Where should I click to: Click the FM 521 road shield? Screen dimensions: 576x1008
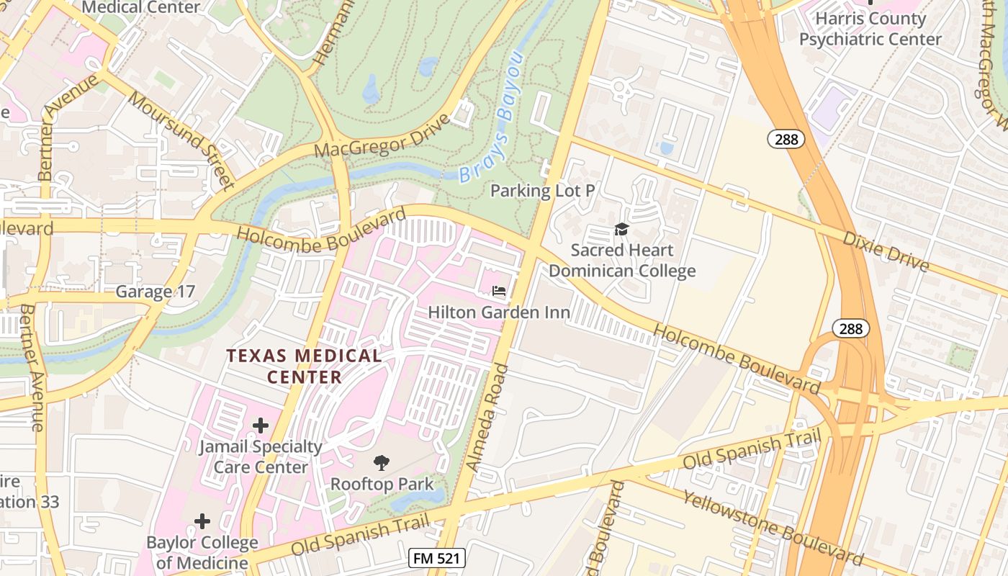(436, 558)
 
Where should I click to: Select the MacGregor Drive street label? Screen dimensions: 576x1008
(382, 135)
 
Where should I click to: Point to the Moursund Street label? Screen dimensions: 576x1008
(181, 135)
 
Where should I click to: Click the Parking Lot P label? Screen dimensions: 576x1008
(542, 191)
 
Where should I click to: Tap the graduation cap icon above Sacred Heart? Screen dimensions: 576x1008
(621, 229)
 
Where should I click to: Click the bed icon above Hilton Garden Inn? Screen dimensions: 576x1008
(498, 292)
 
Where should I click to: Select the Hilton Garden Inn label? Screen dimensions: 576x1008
(499, 312)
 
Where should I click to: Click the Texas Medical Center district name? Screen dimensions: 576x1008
(304, 366)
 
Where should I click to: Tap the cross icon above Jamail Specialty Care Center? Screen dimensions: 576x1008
(260, 425)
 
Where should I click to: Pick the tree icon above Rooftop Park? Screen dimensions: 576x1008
(382, 463)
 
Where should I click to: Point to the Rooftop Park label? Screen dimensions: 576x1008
(382, 484)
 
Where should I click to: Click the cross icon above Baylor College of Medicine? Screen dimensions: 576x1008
(202, 521)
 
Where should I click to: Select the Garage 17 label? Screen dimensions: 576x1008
(156, 292)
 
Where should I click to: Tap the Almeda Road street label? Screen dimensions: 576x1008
(487, 418)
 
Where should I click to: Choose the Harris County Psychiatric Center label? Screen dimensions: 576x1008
(870, 29)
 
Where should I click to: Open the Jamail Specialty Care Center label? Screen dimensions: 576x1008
(260, 456)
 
